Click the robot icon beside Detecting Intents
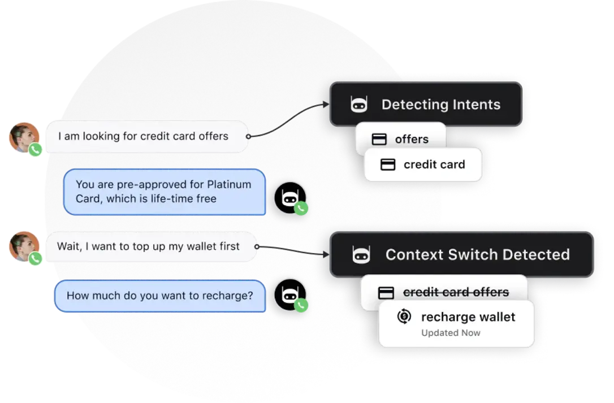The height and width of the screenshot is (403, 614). point(359,105)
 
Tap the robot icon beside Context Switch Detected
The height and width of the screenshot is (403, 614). point(360,255)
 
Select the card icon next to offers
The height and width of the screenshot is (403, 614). point(379,139)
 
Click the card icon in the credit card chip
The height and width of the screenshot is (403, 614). point(388,164)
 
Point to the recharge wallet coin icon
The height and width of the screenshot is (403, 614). point(404,317)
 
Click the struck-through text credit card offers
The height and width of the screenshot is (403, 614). point(456,292)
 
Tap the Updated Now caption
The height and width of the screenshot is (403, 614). point(451,333)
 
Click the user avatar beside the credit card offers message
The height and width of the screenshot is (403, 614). point(24,137)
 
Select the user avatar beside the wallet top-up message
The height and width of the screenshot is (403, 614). point(24,246)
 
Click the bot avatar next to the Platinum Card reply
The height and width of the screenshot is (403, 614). point(289,197)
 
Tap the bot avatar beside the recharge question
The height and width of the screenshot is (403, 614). point(289,294)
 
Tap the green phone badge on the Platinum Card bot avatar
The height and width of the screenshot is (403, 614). point(301,209)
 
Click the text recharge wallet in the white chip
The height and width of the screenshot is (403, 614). point(468,317)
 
